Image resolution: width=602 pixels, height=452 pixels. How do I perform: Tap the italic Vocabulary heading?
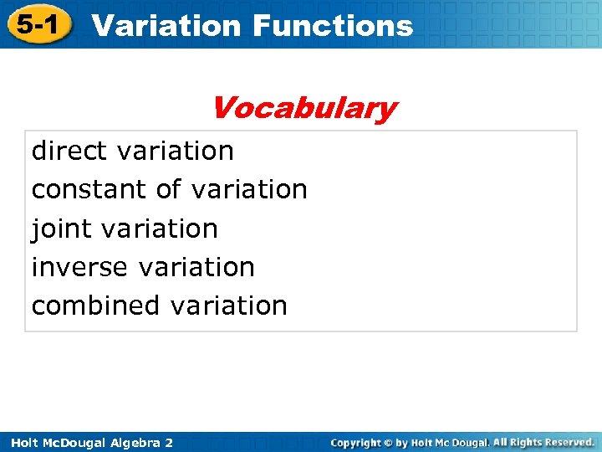click(304, 108)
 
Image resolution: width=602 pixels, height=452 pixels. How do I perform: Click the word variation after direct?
click(176, 151)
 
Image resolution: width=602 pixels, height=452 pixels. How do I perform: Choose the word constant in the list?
click(89, 189)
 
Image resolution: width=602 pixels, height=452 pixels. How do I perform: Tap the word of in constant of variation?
click(168, 189)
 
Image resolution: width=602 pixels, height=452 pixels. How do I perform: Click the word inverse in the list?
click(79, 267)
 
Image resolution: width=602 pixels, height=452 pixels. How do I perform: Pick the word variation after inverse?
click(196, 267)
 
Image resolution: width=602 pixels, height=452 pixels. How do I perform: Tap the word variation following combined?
click(229, 306)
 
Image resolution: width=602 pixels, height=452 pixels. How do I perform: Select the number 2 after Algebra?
click(169, 442)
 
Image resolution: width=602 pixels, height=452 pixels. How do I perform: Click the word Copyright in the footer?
click(355, 442)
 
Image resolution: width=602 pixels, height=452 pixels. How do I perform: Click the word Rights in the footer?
click(521, 441)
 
